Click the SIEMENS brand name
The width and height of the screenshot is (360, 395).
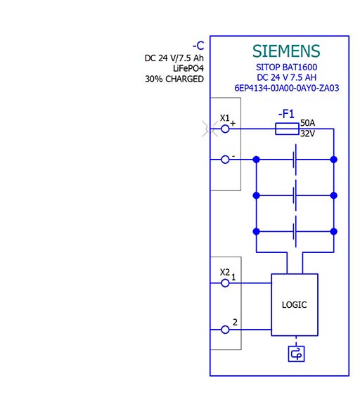pos(285,51)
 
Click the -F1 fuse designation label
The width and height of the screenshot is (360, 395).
pos(286,113)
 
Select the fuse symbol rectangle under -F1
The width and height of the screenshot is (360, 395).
pos(287,128)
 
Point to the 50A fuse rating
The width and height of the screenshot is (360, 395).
pos(307,122)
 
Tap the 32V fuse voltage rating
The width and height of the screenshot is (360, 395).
pos(307,133)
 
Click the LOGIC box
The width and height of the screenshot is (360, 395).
pos(295,305)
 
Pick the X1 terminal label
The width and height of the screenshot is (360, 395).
pos(225,117)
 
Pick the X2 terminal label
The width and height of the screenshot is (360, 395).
pos(225,272)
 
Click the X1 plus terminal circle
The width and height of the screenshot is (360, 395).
pos(226,128)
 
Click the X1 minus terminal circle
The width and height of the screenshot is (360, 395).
pos(226,160)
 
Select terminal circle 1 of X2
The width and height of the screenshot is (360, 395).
pos(226,283)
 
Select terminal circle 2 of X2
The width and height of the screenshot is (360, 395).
pos(226,329)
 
